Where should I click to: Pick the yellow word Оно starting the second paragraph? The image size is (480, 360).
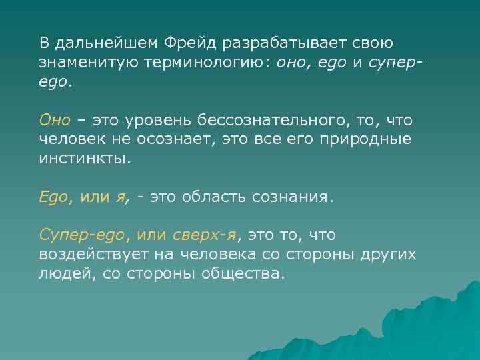coord(55,121)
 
